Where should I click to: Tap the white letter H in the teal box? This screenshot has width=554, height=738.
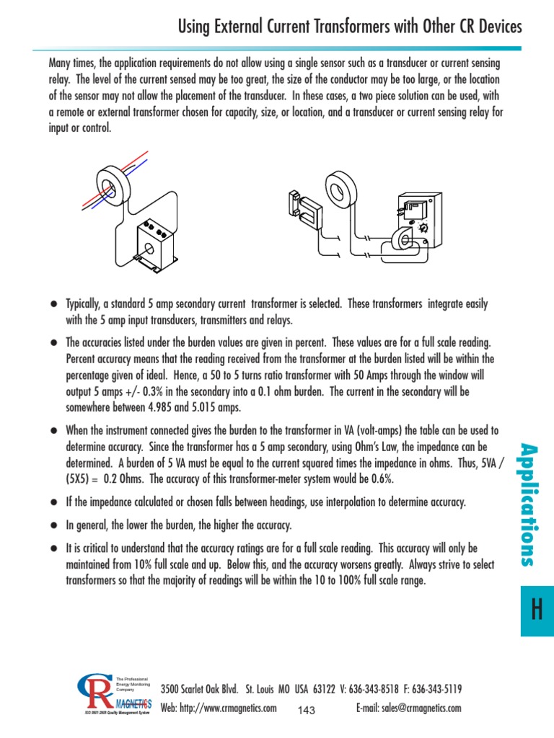pyautogui.click(x=536, y=610)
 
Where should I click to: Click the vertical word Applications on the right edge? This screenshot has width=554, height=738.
pyautogui.click(x=535, y=505)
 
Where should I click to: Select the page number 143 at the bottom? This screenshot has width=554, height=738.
pyautogui.click(x=307, y=711)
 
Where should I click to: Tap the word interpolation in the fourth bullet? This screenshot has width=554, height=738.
pyautogui.click(x=321, y=502)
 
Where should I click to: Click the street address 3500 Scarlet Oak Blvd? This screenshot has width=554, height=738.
pyautogui.click(x=200, y=689)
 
